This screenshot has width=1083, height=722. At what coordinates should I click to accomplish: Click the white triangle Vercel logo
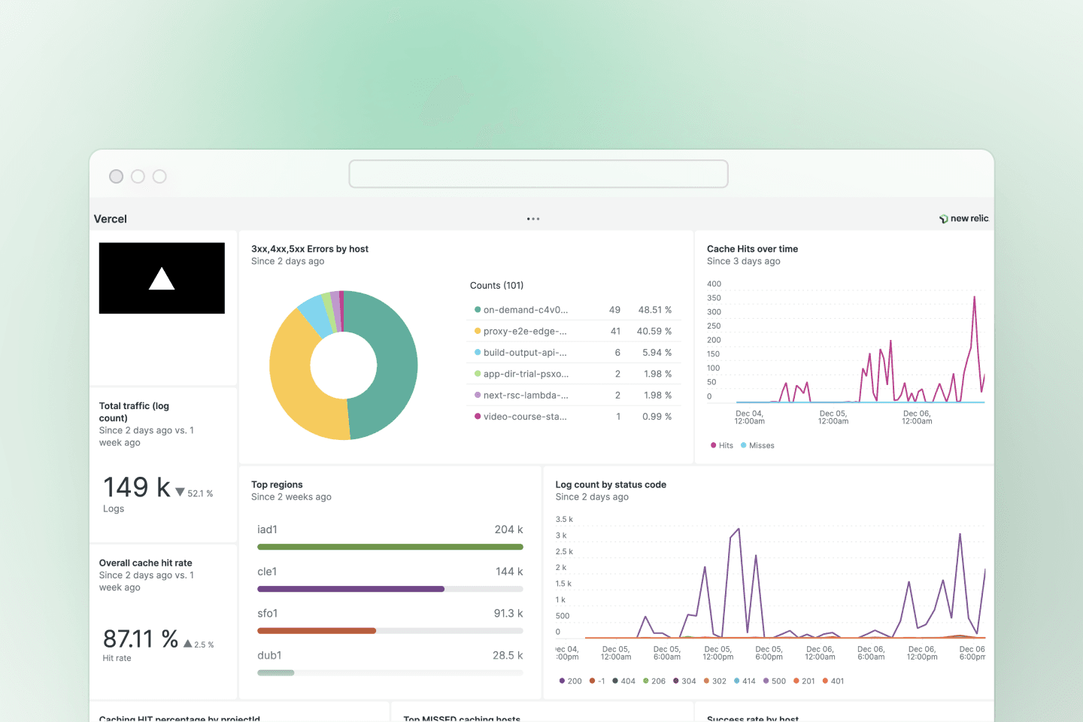[162, 279]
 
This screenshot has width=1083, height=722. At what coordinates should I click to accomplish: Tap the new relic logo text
[969, 219]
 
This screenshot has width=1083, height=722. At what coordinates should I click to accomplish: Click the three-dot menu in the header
[533, 219]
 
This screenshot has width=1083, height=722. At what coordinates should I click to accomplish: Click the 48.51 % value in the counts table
[654, 310]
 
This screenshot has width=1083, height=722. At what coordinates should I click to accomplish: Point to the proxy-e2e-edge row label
[525, 331]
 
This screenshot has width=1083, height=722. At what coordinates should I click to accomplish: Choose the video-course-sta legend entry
[525, 417]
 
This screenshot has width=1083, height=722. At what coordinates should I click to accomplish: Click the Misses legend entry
[761, 446]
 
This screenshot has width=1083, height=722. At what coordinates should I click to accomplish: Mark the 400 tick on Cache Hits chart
[714, 284]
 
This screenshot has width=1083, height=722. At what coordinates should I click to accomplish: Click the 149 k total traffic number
[137, 487]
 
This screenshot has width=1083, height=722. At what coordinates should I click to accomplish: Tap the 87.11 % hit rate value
[141, 639]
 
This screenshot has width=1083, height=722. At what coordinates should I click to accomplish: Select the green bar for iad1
[390, 547]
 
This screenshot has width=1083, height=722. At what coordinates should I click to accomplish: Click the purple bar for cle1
[350, 589]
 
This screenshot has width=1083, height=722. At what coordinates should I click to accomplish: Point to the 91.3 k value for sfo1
[508, 614]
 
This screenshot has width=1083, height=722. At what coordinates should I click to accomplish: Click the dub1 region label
[269, 656]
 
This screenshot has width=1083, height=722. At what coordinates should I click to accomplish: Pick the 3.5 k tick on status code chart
[564, 520]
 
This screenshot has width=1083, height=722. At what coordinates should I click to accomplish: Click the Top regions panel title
[277, 485]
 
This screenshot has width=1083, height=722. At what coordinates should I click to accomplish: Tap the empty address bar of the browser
[538, 174]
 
